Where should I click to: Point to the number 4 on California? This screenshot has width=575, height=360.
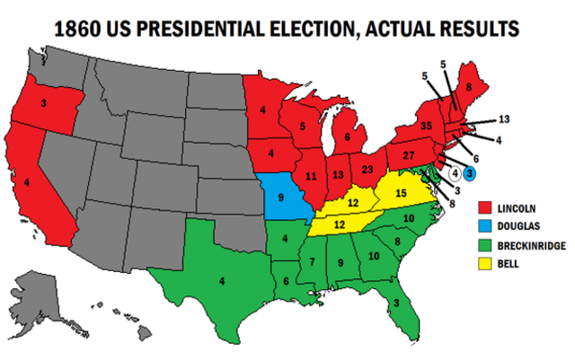38,183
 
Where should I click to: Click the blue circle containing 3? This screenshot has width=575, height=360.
469,172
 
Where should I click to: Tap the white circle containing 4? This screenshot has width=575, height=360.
456,172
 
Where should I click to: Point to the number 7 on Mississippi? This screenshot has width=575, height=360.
312,261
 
